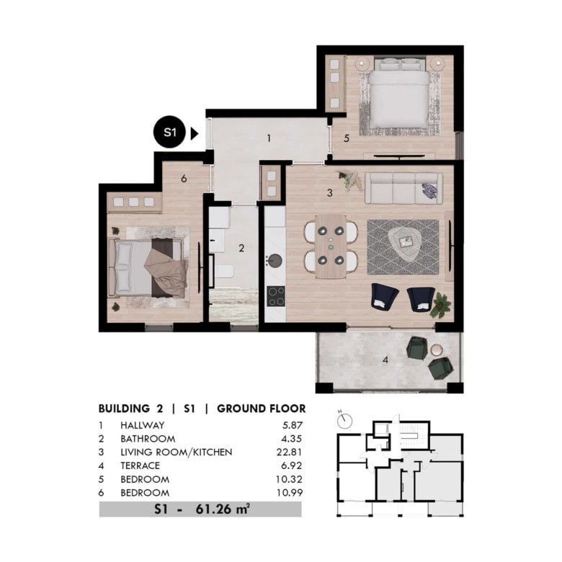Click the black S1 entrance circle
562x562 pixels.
pos(169,132)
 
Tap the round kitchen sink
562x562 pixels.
pos(275,261)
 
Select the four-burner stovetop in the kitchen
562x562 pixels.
pos(276,296)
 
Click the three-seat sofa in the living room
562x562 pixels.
pos(403,188)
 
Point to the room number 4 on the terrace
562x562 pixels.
pos(385,360)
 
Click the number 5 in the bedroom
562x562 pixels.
pos(347,138)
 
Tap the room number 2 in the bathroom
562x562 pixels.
pos(241,248)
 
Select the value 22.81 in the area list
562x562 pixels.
pos(289,452)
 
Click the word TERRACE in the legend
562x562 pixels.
pos(140,465)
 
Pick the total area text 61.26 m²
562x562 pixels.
pos(223,509)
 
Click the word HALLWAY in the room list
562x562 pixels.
pos(142,425)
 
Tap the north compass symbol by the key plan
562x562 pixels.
pos(344,420)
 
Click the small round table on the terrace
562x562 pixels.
pos(437,349)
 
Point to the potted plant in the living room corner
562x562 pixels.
pos(441,305)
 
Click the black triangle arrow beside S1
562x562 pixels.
pos(195,133)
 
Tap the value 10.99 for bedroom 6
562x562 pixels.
pos(290,493)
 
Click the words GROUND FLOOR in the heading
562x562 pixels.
pos(262,409)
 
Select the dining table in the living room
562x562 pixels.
pos(331,246)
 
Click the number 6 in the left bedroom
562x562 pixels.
pos(184,179)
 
